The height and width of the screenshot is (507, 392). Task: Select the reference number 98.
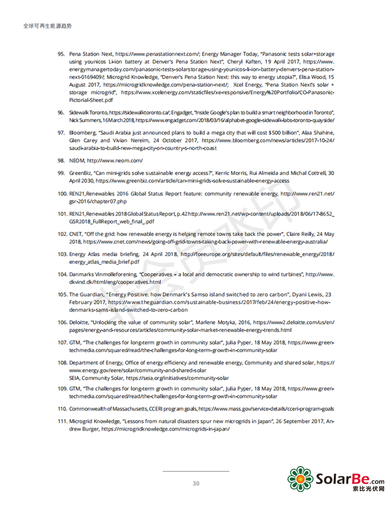point(61,159)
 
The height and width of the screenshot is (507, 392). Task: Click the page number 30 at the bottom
point(195,483)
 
